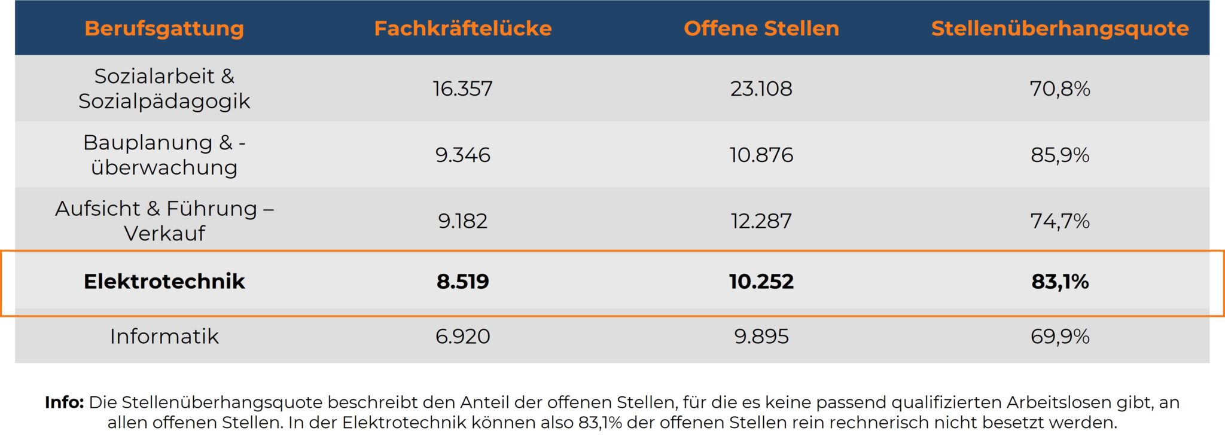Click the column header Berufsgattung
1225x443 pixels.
click(164, 28)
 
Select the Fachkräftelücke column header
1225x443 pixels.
click(462, 28)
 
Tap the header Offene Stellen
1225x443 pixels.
click(761, 28)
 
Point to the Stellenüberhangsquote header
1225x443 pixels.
click(1059, 28)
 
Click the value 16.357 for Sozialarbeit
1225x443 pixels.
click(462, 88)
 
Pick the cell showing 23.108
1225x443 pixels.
click(761, 88)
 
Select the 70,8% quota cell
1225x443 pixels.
click(1059, 88)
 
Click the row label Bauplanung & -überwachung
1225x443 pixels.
click(164, 155)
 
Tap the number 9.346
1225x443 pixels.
click(462, 155)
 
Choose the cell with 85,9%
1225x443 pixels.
click(1059, 155)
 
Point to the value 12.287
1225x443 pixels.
click(761, 221)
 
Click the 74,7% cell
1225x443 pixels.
click(1059, 221)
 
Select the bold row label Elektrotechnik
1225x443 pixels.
click(164, 282)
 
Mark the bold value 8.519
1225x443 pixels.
click(462, 282)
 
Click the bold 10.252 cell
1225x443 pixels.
click(761, 282)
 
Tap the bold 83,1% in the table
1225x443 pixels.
click(1059, 282)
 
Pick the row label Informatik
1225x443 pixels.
click(164, 337)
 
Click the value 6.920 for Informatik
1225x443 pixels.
click(462, 337)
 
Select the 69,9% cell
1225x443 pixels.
click(1059, 337)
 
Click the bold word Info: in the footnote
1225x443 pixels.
click(64, 402)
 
